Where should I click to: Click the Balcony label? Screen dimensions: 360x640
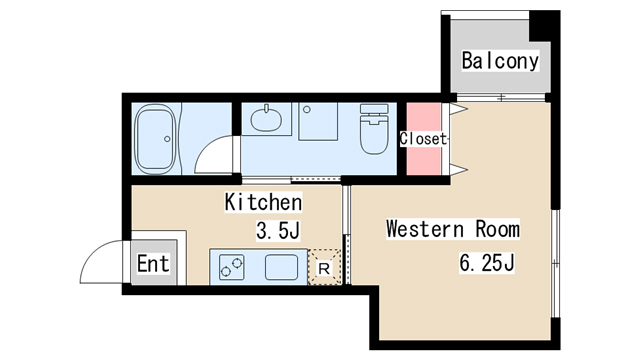[500, 60]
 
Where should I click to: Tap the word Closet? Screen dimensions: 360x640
[424, 139]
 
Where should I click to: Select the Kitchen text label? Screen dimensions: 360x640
[263, 202]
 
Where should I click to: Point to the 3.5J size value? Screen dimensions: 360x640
[279, 232]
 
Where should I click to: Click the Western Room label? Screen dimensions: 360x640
[453, 229]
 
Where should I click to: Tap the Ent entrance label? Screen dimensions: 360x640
[153, 265]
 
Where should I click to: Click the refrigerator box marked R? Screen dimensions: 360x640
[325, 268]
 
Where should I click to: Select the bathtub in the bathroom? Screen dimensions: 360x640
[158, 137]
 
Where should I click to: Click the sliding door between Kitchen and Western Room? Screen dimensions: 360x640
[345, 232]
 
